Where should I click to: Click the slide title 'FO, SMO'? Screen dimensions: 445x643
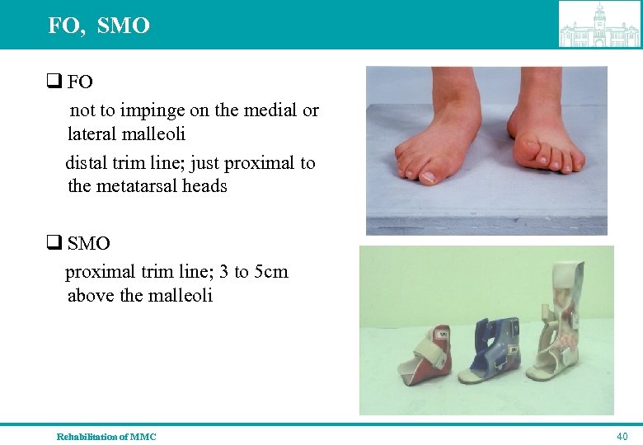pyautogui.click(x=99, y=26)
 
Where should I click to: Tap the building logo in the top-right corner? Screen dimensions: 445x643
pyautogui.click(x=599, y=25)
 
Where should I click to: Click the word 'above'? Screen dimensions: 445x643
pyautogui.click(x=91, y=295)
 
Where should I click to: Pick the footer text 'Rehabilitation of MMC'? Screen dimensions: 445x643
pyautogui.click(x=106, y=436)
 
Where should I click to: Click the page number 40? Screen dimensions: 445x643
pyautogui.click(x=622, y=436)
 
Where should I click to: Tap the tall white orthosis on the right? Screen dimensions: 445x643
pyautogui.click(x=569, y=330)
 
